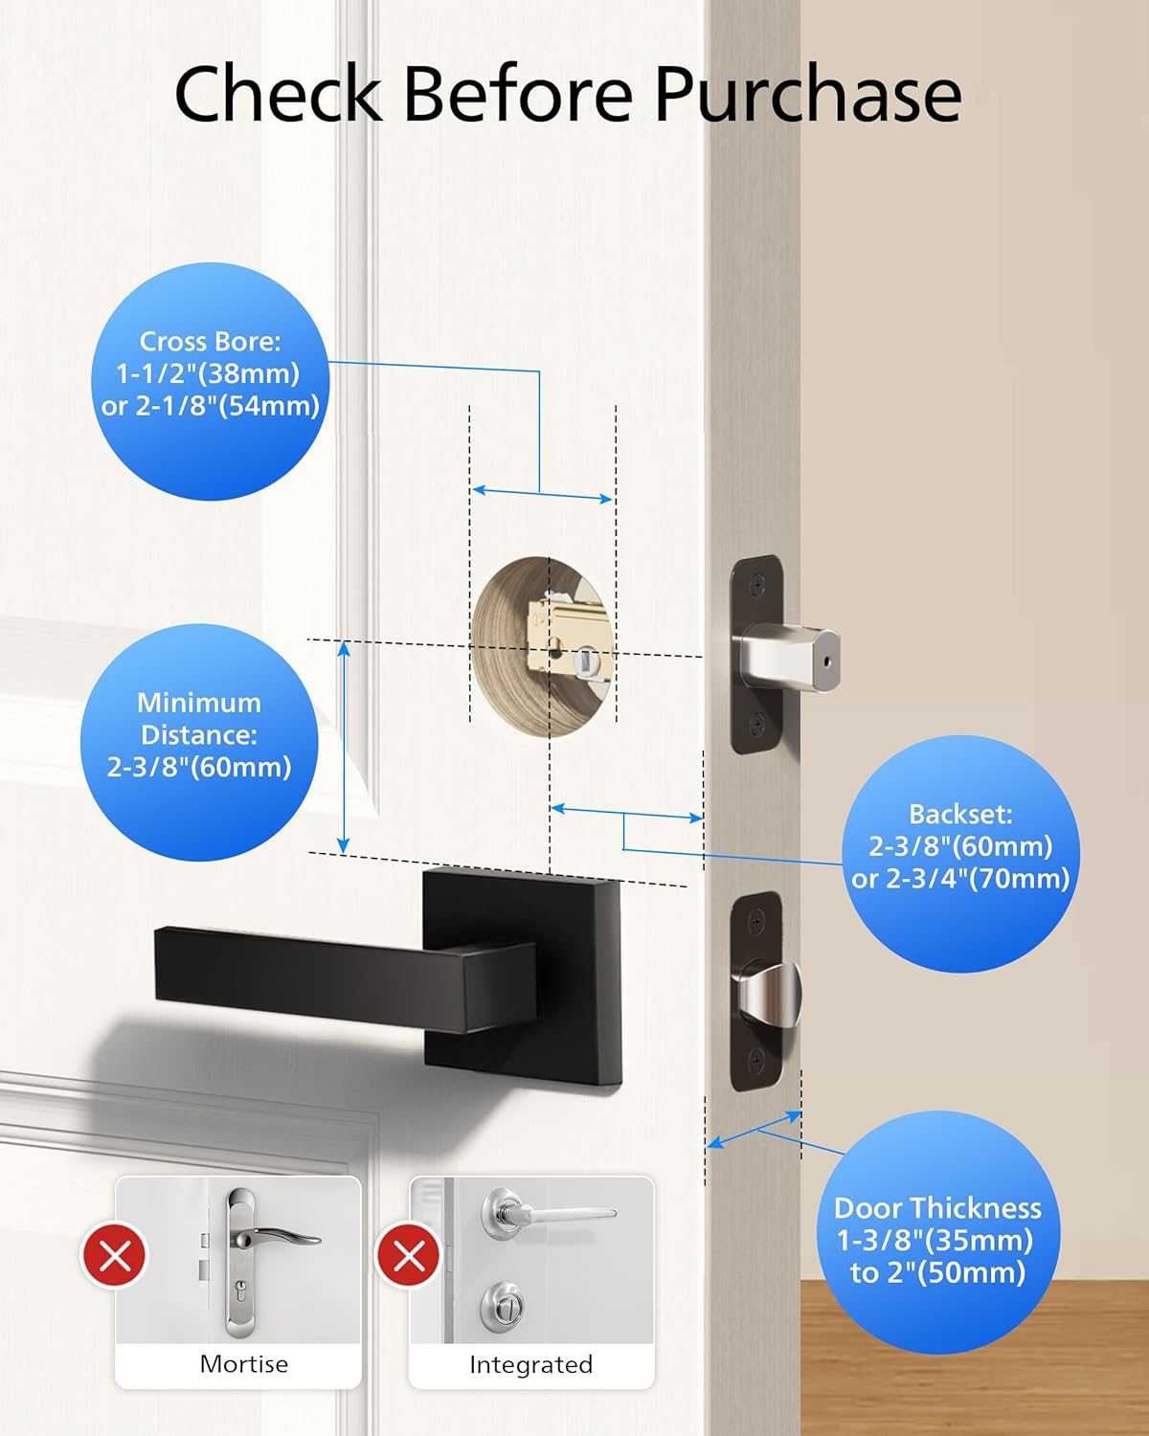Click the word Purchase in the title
(x=808, y=94)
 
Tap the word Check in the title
(x=278, y=94)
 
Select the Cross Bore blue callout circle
(x=211, y=381)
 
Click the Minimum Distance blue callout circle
(x=199, y=742)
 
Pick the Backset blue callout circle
(x=960, y=853)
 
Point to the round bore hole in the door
(x=541, y=647)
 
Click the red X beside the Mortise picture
(x=114, y=1256)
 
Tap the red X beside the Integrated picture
(x=409, y=1256)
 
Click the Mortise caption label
(x=244, y=1364)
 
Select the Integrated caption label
(x=530, y=1364)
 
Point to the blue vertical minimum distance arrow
(x=344, y=747)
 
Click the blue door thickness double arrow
(x=755, y=1130)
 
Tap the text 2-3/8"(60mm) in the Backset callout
(x=960, y=847)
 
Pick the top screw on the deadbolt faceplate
(x=757, y=586)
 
